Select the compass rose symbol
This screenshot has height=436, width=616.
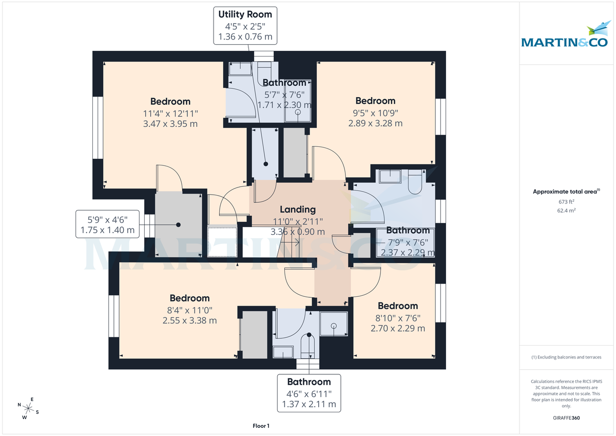pos(28,409)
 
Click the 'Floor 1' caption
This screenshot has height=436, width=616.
pos(261,426)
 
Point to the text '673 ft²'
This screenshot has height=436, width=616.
pos(566,202)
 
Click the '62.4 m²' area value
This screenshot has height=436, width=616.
pos(566,211)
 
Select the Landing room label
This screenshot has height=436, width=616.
pos(298,210)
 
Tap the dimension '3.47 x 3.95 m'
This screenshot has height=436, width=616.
pos(170,124)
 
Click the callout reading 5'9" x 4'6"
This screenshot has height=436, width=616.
pos(108,223)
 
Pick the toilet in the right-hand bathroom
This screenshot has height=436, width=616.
pos(415,183)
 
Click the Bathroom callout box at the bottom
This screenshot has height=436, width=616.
pos(309,393)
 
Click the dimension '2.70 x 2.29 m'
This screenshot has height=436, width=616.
pos(398,328)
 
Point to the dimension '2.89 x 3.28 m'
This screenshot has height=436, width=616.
pos(375,123)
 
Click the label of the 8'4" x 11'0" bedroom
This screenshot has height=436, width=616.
pos(190,298)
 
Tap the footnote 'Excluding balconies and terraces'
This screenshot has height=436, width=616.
pos(566,357)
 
